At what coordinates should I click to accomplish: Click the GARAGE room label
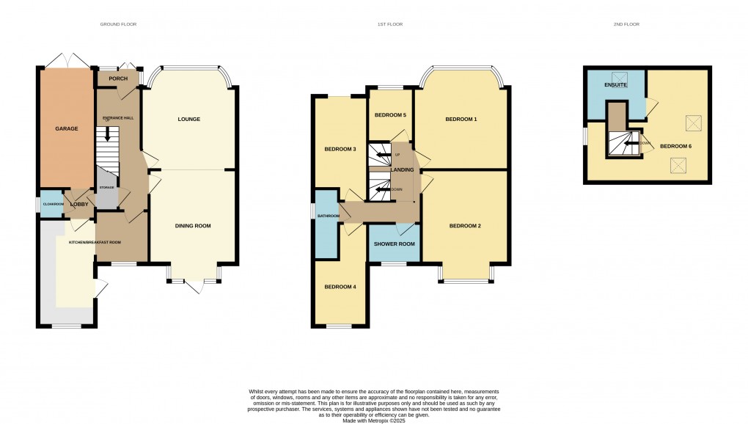click(67, 128)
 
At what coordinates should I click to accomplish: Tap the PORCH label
click(118, 78)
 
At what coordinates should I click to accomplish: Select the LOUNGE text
click(188, 119)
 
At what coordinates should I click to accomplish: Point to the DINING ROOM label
click(193, 226)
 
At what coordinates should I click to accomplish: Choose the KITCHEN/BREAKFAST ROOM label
click(95, 242)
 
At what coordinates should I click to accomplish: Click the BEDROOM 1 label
click(461, 119)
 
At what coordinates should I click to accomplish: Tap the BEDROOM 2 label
click(465, 225)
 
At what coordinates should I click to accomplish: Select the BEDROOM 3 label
click(340, 150)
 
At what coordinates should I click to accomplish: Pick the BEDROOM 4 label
click(340, 286)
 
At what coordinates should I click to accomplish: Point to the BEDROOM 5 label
click(390, 115)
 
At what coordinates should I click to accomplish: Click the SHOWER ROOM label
click(395, 244)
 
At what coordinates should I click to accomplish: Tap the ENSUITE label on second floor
click(616, 85)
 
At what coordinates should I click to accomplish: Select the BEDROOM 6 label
click(675, 146)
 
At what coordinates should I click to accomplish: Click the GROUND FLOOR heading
click(119, 24)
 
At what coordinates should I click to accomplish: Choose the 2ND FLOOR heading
click(626, 24)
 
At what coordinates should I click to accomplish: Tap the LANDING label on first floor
click(403, 170)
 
